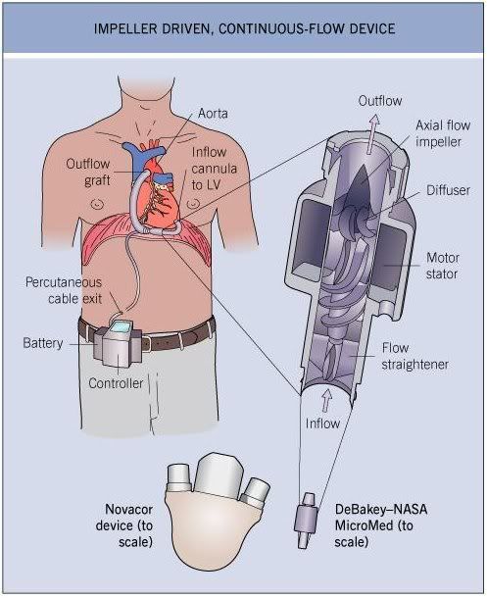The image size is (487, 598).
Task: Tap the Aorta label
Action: [x=213, y=114]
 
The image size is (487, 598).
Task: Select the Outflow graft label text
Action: [x=88, y=172]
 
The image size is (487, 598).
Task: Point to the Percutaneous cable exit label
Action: [x=64, y=290]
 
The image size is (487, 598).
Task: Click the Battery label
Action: [x=43, y=342]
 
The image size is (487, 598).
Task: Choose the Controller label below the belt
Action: [x=116, y=383]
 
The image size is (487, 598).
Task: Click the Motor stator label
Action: [x=443, y=266]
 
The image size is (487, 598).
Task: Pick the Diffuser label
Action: [x=448, y=190]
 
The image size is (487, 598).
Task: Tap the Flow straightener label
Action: [x=415, y=356]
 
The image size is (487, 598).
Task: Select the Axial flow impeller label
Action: [x=443, y=133]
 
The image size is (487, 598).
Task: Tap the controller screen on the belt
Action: [x=122, y=327]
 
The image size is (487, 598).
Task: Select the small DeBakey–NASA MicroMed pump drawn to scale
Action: [x=306, y=520]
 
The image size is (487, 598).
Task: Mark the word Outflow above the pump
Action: [x=380, y=101]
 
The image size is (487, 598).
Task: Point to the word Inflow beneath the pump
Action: [x=322, y=424]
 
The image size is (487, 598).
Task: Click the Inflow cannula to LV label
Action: [x=214, y=169]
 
